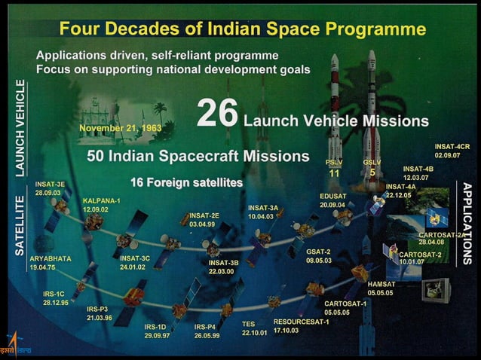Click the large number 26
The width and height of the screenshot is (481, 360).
pyautogui.click(x=217, y=114)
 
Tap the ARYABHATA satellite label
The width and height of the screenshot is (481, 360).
pyautogui.click(x=51, y=258)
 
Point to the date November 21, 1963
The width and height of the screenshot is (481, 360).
pyautogui.click(x=119, y=127)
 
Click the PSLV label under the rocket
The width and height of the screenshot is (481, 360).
pyautogui.click(x=334, y=162)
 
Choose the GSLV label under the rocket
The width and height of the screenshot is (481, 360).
pyautogui.click(x=372, y=162)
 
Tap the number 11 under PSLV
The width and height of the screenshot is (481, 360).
pyautogui.click(x=335, y=173)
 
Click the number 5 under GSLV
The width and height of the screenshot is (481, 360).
pyautogui.click(x=372, y=172)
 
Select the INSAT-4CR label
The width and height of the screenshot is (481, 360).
pyautogui.click(x=452, y=146)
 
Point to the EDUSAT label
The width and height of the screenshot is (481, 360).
pyautogui.click(x=332, y=196)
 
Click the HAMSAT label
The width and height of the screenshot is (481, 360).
pyautogui.click(x=381, y=284)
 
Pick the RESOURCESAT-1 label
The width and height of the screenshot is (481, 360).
pyautogui.click(x=301, y=322)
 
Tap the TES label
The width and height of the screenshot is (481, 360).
pyautogui.click(x=248, y=324)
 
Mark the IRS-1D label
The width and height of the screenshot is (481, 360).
pyautogui.click(x=158, y=327)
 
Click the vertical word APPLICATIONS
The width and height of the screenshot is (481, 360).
pyautogui.click(x=467, y=223)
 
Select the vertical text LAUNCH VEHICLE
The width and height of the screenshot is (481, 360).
pyautogui.click(x=20, y=127)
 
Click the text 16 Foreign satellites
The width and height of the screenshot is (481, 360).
pyautogui.click(x=186, y=182)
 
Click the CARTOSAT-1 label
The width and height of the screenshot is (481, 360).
pyautogui.click(x=345, y=304)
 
